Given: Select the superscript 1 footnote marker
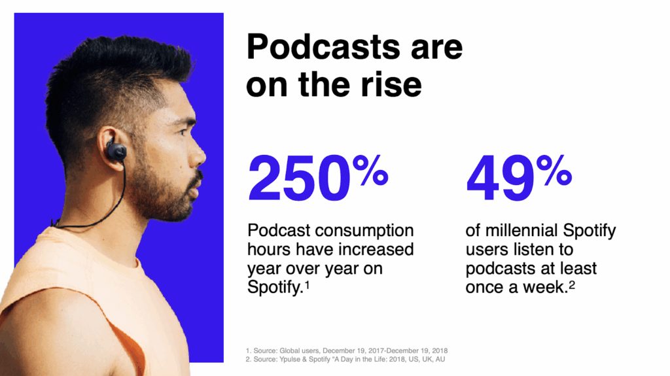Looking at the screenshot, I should pyautogui.click(x=306, y=284).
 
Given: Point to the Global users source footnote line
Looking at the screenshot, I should pyautogui.click(x=347, y=350).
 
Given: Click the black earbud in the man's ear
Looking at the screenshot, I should pyautogui.click(x=117, y=151).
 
